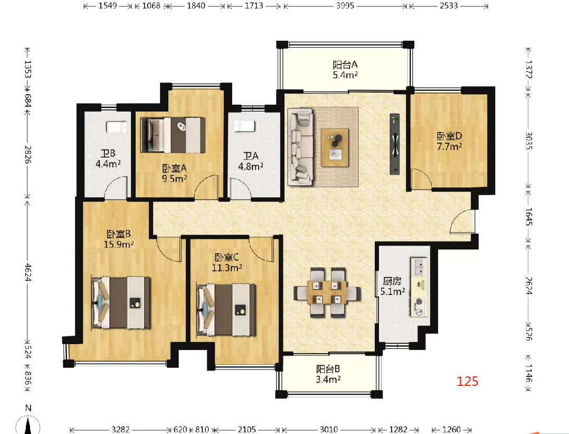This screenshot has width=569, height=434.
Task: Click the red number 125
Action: [468, 381]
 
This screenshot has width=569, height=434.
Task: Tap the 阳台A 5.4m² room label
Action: [345, 70]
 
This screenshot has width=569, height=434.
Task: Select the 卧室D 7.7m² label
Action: [449, 141]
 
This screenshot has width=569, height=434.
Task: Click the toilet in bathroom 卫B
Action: [117, 127]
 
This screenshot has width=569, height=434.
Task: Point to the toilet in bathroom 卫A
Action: [244, 126]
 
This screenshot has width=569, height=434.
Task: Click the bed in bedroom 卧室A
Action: [173, 135]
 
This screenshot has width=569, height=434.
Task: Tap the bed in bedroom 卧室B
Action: [120, 303]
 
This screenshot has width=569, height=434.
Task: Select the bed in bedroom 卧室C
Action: [226, 310]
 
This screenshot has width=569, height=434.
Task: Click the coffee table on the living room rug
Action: [335, 147]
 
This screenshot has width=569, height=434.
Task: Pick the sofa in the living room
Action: [300, 146]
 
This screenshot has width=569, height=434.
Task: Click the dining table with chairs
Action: [327, 293]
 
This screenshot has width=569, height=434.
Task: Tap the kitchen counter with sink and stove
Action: [419, 287]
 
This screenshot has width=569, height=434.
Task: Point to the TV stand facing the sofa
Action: [395, 144]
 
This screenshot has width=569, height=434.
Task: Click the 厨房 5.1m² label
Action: [393, 286]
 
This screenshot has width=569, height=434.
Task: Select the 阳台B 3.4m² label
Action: [328, 374]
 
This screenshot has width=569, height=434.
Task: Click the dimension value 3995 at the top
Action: [345, 6]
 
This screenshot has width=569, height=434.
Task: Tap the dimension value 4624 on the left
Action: [28, 272]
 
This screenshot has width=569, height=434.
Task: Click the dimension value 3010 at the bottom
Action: [329, 429]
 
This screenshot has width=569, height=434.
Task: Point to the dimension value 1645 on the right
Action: [529, 217]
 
